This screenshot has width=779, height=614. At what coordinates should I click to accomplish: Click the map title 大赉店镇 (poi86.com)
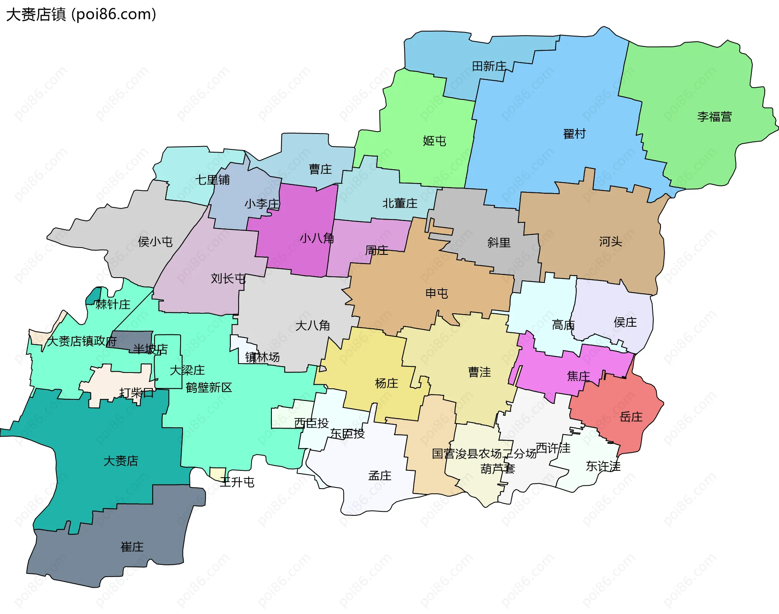click(x=81, y=15)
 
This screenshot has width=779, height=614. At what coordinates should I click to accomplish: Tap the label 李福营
click(x=714, y=117)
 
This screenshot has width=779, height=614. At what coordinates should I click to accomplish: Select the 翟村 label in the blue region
click(x=575, y=134)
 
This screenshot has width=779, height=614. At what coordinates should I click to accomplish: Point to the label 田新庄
click(x=489, y=66)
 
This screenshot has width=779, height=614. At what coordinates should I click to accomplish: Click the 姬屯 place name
click(x=435, y=141)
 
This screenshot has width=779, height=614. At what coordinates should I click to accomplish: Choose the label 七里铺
click(x=213, y=180)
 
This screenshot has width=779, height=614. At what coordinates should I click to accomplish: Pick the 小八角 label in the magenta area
click(x=317, y=238)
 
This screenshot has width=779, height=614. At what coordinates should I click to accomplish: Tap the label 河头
click(x=611, y=242)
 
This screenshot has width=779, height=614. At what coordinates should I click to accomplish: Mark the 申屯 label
click(x=437, y=293)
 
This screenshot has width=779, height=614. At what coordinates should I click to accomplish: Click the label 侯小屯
click(x=155, y=242)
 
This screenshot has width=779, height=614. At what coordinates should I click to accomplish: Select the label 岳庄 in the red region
click(x=631, y=417)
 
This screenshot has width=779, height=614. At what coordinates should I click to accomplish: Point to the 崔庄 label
click(x=132, y=547)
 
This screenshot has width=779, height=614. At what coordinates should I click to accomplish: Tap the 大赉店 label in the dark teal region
click(x=121, y=461)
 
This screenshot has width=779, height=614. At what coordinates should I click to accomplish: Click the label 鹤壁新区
click(x=209, y=388)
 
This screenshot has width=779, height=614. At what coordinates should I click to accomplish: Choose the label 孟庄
click(x=380, y=476)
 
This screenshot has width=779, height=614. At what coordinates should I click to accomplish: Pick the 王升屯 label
click(x=237, y=482)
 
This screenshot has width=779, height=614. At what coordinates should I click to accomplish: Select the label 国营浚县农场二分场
click(x=484, y=454)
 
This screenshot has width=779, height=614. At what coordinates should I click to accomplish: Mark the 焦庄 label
click(x=579, y=376)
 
